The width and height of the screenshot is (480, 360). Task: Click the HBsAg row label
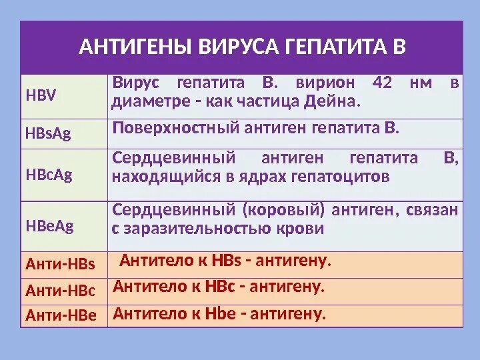click(x=47, y=135)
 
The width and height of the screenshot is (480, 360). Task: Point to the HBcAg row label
click(x=48, y=175)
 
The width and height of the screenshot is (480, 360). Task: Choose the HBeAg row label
click(x=49, y=226)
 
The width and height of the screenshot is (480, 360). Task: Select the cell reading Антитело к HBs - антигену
click(x=225, y=261)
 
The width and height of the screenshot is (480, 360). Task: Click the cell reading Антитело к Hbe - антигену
click(x=220, y=313)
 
